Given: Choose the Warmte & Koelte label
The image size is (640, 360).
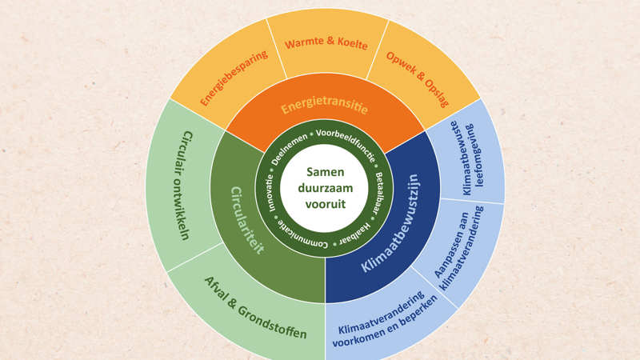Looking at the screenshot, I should (326, 44).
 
